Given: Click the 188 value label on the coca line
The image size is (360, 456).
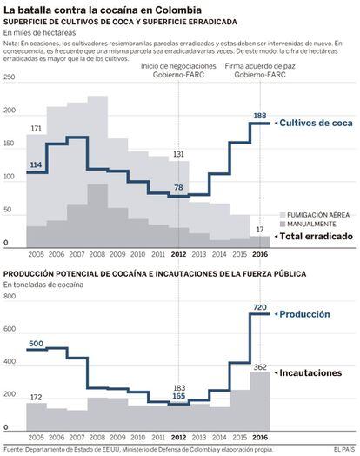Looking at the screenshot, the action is click(x=260, y=116).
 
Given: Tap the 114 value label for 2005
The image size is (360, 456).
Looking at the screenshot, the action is click(x=36, y=164).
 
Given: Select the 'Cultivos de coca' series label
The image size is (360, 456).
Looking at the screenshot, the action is click(x=316, y=123).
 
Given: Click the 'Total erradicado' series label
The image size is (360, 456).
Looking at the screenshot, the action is click(x=317, y=236).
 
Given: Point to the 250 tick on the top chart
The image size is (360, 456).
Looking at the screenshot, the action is click(x=10, y=77).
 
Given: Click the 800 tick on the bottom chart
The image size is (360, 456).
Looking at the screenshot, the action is click(x=10, y=297).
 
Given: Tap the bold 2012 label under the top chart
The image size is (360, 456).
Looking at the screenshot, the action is click(x=178, y=254).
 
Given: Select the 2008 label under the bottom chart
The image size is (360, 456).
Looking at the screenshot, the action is click(x=97, y=437).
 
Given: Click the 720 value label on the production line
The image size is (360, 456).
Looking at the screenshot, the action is click(x=260, y=307).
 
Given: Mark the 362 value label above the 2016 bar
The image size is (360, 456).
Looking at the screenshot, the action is click(x=260, y=367).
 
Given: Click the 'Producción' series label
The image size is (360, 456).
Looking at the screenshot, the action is click(x=304, y=314).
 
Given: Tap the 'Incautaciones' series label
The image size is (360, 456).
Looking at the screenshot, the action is click(x=310, y=372).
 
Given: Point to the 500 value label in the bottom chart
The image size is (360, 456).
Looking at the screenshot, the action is click(x=36, y=344).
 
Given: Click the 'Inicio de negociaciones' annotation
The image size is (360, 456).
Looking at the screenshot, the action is click(x=178, y=66).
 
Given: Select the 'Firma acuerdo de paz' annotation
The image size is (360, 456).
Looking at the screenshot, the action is click(x=260, y=66).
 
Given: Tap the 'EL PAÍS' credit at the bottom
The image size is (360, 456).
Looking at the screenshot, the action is click(x=344, y=450).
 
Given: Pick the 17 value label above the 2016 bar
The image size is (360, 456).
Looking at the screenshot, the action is click(x=260, y=230).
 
